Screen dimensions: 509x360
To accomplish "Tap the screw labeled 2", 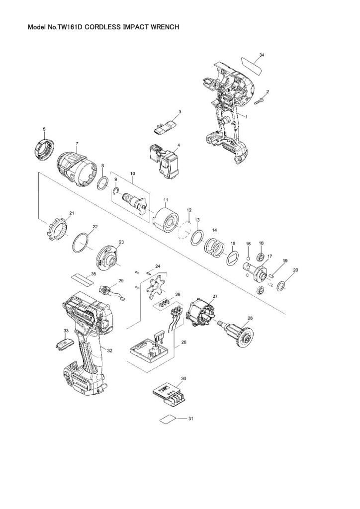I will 260,100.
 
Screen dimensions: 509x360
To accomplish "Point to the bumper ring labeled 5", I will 43,149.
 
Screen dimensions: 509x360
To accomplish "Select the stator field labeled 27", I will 202,312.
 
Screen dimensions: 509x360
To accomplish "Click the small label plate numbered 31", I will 169,419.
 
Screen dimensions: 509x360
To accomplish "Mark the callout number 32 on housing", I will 109,350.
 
